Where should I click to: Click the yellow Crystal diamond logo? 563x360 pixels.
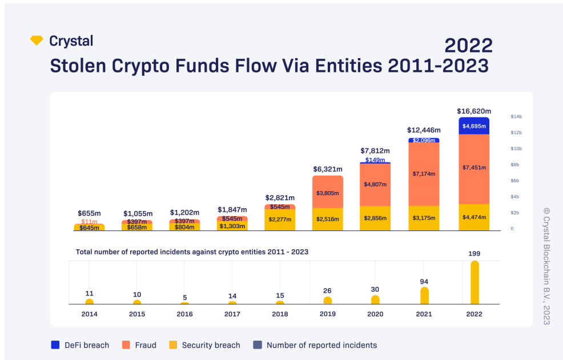37,40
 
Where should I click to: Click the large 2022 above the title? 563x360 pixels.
469,46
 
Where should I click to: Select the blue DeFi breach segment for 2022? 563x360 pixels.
474,126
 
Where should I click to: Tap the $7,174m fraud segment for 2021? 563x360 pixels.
424,174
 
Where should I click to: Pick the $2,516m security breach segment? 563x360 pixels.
327,219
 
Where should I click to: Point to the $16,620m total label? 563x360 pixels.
474,111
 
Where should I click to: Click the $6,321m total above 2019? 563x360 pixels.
327,169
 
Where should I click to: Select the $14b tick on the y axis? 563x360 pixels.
516,116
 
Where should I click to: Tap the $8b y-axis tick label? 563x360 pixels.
515,165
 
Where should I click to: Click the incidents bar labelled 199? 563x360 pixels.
474,282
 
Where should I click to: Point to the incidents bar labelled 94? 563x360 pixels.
424,296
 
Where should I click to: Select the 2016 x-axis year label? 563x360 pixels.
184,314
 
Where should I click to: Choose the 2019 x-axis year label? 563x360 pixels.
327,314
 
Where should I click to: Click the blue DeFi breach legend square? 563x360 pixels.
55,345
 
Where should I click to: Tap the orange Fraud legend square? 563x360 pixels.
126,345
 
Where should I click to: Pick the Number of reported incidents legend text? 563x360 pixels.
321,345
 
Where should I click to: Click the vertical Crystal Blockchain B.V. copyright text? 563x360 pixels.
546,266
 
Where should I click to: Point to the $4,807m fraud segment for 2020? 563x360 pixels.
375,184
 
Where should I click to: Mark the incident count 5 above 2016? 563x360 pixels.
185,298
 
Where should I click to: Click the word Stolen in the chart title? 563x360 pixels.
78,66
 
